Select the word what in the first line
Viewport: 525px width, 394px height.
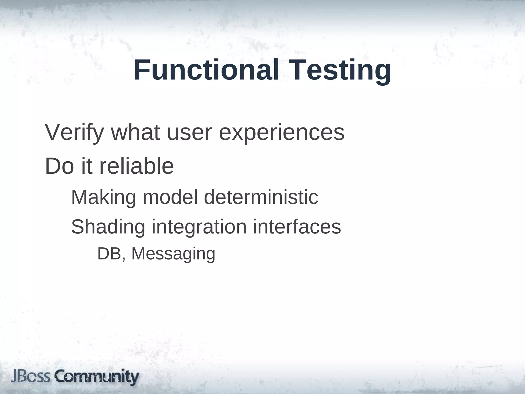(136, 132)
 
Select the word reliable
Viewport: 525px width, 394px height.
(136, 166)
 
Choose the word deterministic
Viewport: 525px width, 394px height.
(261, 197)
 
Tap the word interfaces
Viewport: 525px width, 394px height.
(297, 227)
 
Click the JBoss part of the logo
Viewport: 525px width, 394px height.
(31, 377)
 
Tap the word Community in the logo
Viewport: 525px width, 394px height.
(97, 377)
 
